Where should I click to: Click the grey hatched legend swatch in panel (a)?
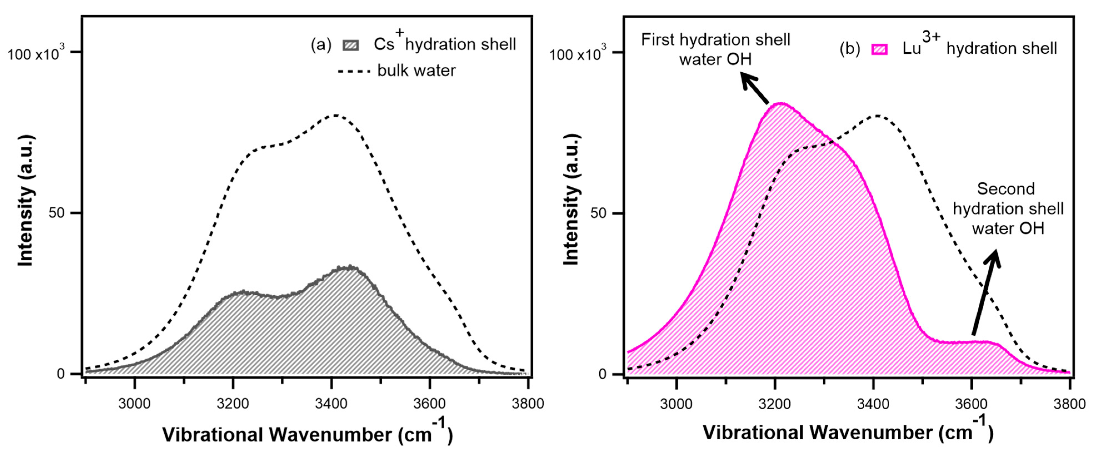351,45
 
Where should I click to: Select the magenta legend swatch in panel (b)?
879,49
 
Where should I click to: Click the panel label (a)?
321,44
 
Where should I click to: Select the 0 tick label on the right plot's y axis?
603,374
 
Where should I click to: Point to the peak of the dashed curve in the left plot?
336,115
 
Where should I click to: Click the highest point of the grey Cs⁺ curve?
351,267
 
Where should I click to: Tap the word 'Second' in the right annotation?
1006,189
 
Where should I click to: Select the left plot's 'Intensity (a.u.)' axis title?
26,201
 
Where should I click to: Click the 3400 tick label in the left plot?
331,403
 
